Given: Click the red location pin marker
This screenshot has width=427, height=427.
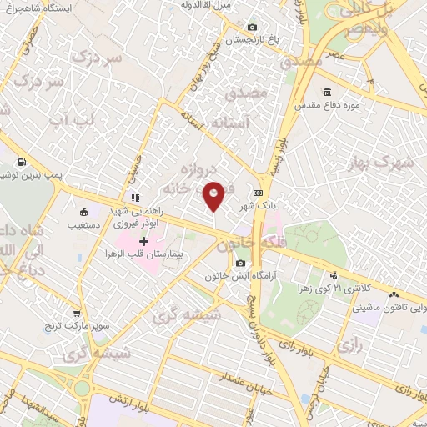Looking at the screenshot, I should pos(213,194).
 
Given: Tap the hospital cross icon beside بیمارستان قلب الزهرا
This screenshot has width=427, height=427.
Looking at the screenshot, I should pos(144,241).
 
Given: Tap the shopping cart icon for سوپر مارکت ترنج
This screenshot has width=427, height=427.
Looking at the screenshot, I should pos(76,314).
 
